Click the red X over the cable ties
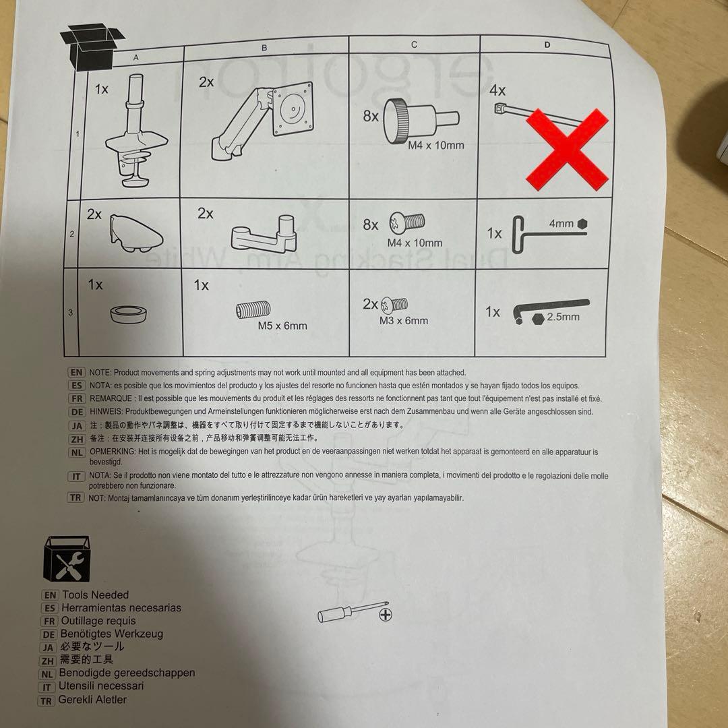[x=567, y=150]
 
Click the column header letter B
[x=264, y=48]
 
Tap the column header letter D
[x=547, y=44]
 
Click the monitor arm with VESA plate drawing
[x=262, y=121]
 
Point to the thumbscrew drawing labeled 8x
[x=421, y=120]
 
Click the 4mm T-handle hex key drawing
[x=550, y=234]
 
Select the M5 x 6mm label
[x=282, y=326]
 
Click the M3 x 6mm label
[x=404, y=320]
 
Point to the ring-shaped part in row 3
[x=129, y=314]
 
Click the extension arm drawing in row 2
[x=264, y=233]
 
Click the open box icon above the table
[x=92, y=47]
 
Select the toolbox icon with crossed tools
[x=66, y=559]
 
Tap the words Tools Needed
[x=96, y=595]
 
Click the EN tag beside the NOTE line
[x=77, y=372]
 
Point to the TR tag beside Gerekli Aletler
[x=46, y=700]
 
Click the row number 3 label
[x=71, y=313]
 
